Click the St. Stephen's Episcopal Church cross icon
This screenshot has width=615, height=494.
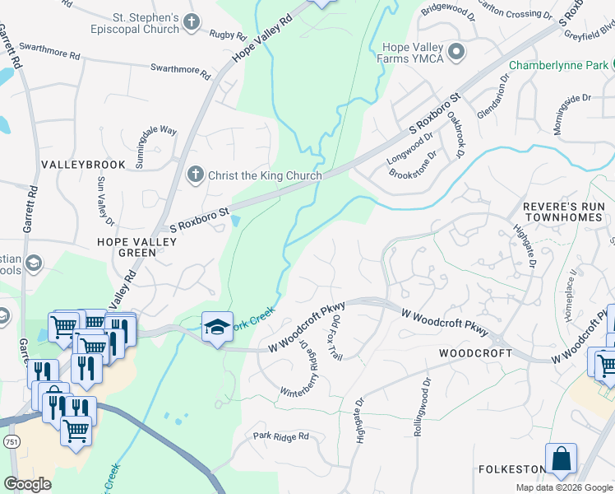point(192,22)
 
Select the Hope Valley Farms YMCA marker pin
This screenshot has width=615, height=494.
point(456,52)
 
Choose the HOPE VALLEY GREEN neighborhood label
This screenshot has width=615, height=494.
point(127,247)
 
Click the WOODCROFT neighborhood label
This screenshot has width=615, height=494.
point(475,353)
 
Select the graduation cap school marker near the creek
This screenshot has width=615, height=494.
point(218,327)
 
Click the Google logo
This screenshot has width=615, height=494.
point(27,484)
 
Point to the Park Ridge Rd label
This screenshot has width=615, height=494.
point(280,436)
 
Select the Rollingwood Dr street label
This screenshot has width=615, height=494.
point(423,407)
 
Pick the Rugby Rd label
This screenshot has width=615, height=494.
point(228,35)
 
